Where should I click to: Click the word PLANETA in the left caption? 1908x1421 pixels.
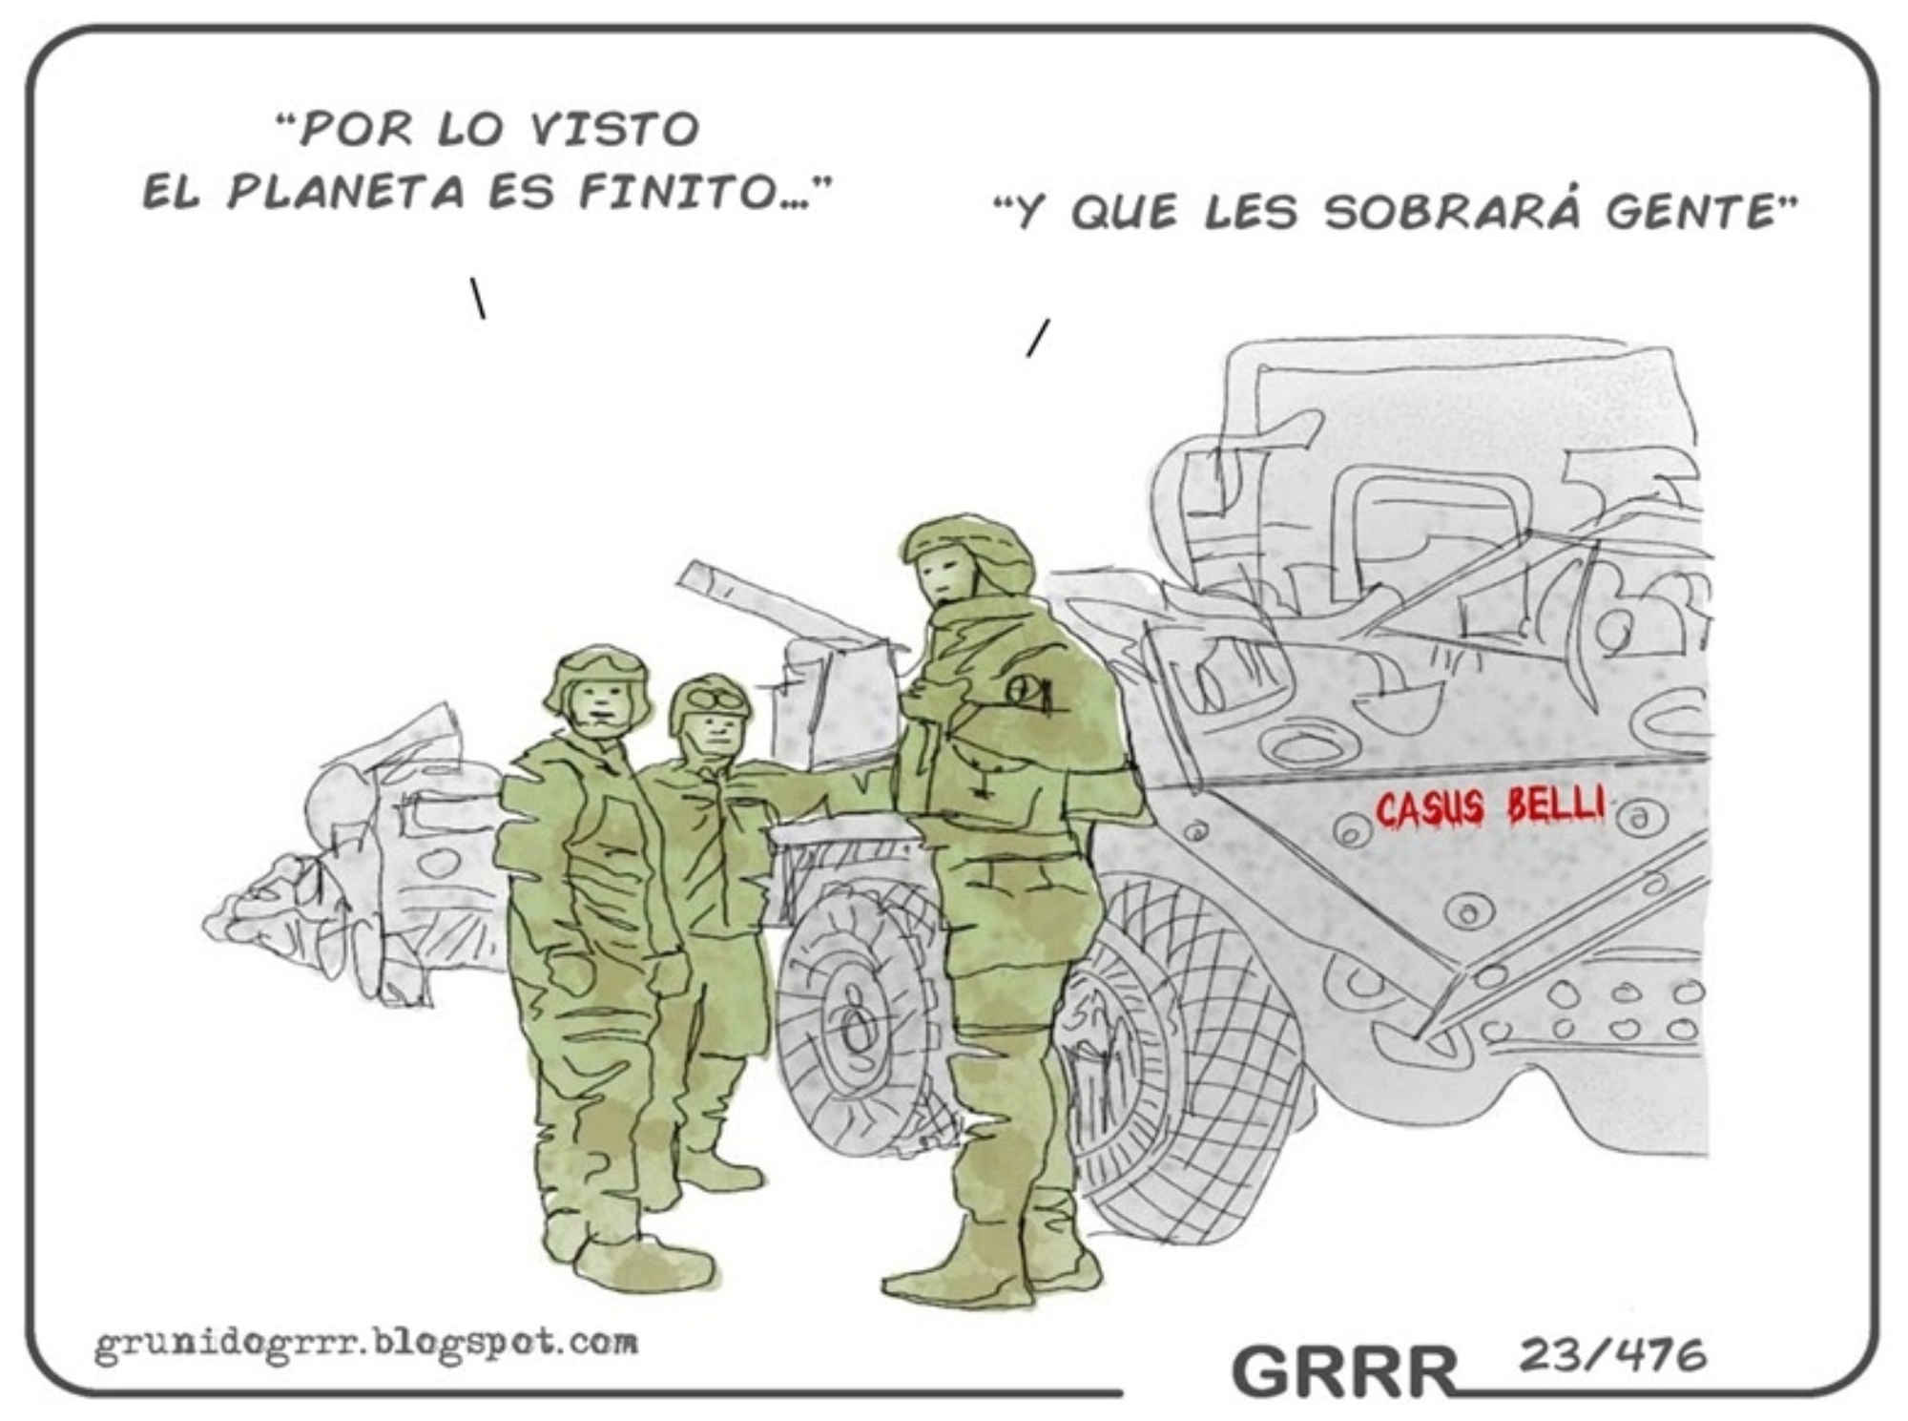coord(346,194)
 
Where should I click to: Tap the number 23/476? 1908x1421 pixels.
coord(1612,1354)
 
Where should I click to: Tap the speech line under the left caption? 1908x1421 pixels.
coord(477,297)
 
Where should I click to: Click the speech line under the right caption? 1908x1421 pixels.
coord(1038,337)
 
